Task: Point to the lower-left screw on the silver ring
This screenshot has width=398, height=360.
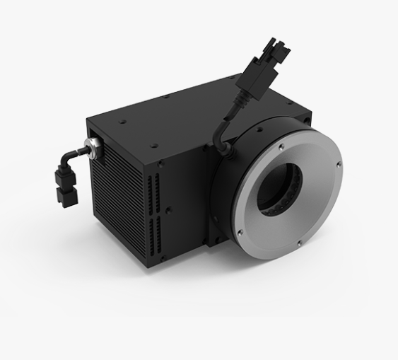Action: pyautogui.click(x=240, y=231)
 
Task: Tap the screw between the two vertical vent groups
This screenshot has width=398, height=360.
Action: pyautogui.click(x=168, y=209)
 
